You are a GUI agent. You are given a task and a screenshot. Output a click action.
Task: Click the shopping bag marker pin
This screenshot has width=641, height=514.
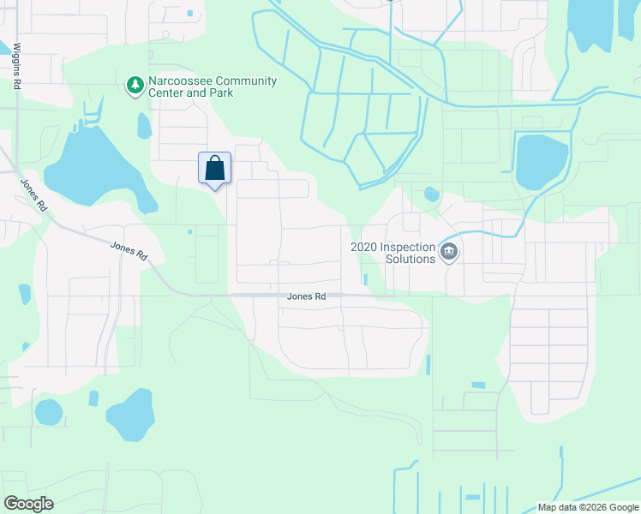(x=214, y=168)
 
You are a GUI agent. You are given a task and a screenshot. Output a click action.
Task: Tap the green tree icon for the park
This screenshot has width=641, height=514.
(x=135, y=86)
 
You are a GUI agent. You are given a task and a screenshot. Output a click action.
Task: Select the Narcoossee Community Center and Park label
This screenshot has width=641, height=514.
(x=213, y=87)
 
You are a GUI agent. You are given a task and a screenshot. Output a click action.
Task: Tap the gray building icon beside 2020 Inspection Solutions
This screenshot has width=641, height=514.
(x=449, y=252)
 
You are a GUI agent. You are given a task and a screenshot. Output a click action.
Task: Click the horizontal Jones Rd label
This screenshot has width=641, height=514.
(x=306, y=296)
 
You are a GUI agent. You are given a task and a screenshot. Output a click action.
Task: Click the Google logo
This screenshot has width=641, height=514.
(x=28, y=504)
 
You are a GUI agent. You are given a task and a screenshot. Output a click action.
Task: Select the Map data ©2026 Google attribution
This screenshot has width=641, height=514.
(x=587, y=507)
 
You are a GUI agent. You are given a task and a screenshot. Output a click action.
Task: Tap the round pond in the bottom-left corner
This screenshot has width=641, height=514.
(x=49, y=412)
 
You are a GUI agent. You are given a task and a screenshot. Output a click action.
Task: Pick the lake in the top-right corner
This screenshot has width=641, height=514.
(x=600, y=26)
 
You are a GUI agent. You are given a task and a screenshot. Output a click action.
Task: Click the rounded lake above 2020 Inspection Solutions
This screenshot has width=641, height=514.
(x=542, y=162)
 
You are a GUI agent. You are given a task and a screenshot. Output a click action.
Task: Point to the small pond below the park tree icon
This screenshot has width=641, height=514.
(x=144, y=126)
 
